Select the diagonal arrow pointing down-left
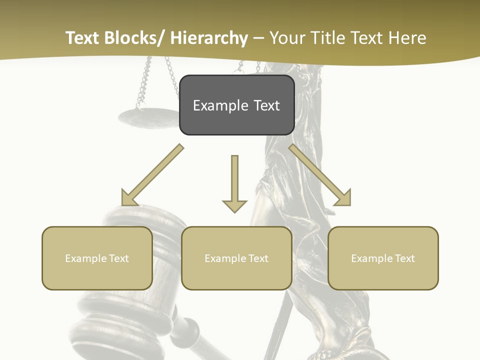click(152, 175)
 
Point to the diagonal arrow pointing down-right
click(320, 175)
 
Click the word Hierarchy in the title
click(209, 38)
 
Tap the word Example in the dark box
click(220, 105)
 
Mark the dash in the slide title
click(258, 38)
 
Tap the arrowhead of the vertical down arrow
click(234, 206)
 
